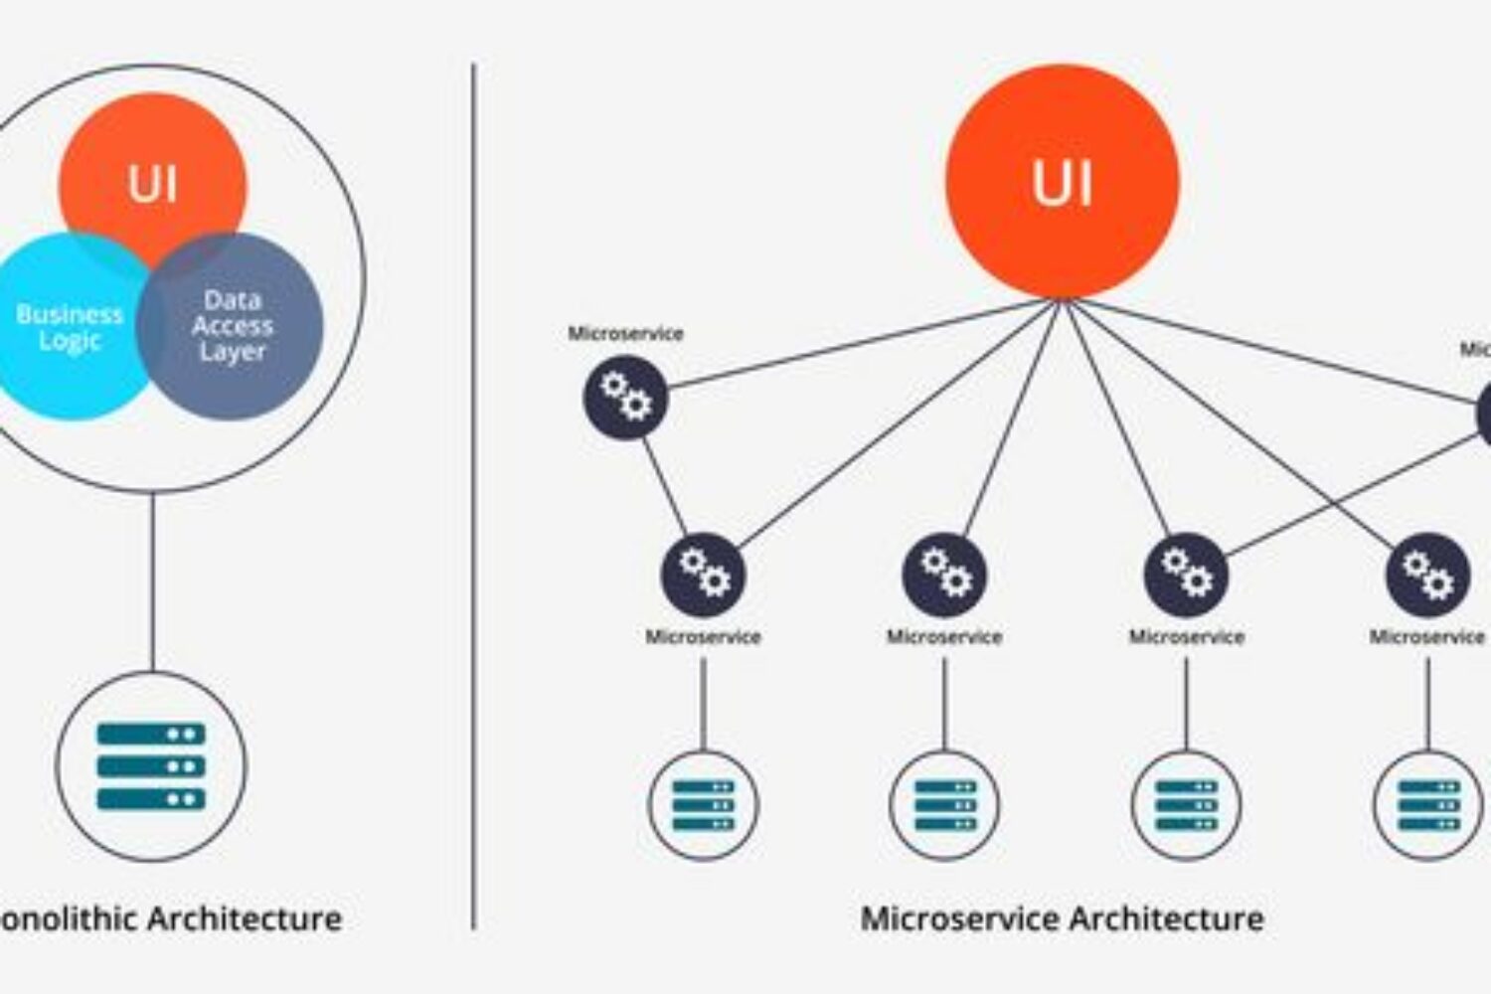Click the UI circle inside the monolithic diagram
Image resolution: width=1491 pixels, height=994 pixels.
[151, 169]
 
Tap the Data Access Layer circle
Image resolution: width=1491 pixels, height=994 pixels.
[239, 328]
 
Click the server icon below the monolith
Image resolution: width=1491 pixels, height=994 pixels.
[151, 765]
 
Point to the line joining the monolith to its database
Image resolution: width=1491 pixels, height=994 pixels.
[152, 581]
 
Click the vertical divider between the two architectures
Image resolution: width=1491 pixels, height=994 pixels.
[473, 497]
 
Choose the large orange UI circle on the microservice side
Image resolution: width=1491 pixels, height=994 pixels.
[1062, 182]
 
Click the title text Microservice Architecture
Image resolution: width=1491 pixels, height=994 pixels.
[1062, 918]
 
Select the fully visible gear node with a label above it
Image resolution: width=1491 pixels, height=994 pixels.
[625, 398]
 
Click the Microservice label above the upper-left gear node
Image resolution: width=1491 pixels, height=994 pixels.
[625, 334]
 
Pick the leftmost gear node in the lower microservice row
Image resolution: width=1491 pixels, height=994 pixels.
[704, 575]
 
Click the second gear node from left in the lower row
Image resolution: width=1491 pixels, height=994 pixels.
[944, 575]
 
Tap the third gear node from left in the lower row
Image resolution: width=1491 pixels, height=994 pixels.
[1186, 575]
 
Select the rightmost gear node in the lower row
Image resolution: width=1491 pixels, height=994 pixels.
[1427, 575]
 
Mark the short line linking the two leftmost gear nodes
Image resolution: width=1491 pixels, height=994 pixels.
[664, 486]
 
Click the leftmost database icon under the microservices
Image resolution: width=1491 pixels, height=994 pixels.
[704, 804]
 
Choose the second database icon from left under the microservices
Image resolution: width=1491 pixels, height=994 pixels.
[944, 804]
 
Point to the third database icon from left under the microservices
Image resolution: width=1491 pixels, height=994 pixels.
[1186, 804]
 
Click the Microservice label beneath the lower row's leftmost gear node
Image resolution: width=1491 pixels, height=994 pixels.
[704, 637]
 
